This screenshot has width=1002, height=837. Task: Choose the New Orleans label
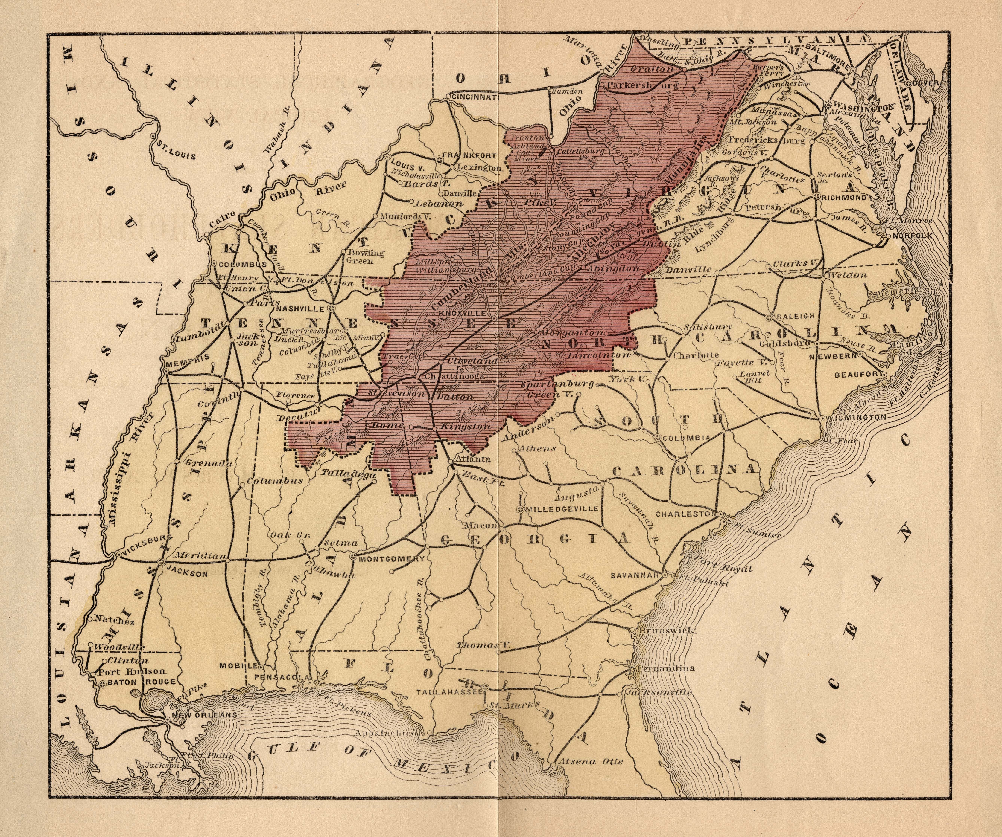tap(205, 715)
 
